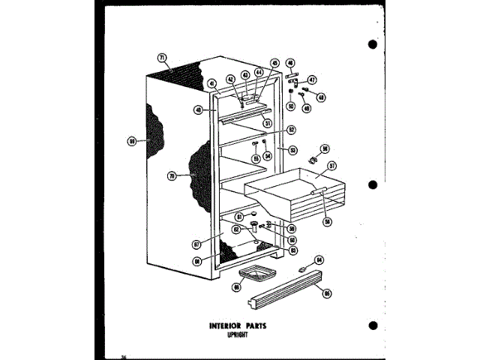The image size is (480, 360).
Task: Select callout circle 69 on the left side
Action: point(132,139)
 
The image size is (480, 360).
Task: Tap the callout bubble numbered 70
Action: point(172,176)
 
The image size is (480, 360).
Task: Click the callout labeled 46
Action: point(291,63)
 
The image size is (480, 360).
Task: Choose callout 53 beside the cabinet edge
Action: point(293,149)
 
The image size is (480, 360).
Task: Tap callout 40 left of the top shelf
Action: point(198,109)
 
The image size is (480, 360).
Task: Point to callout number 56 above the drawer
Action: point(325,149)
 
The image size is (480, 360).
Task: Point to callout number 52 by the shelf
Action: point(290,130)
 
